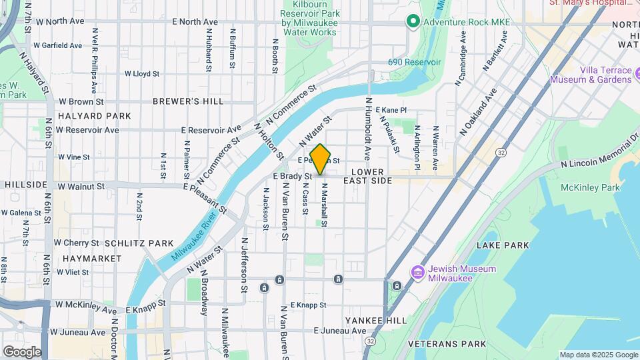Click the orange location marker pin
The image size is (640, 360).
321,159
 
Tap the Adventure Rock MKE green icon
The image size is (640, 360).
413,23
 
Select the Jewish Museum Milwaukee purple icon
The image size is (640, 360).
418,272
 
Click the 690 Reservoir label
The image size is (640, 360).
415,62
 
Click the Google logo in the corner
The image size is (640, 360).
22,351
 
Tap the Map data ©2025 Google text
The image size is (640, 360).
598,355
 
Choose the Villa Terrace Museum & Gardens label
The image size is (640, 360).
590,75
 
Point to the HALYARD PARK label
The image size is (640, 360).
94,116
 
